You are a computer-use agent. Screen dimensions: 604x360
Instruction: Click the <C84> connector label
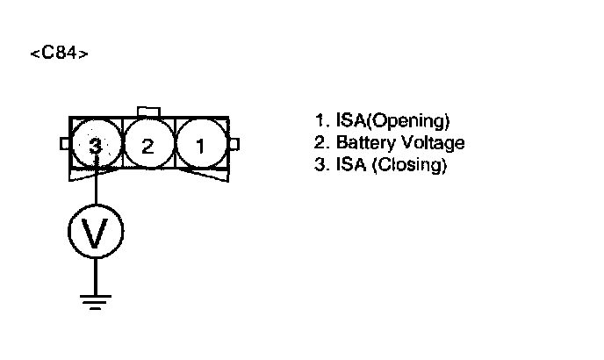click(59, 54)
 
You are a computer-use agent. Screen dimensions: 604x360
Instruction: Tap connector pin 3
click(96, 146)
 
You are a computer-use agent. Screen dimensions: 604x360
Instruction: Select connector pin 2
click(148, 146)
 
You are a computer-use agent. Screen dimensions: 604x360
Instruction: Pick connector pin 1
click(201, 146)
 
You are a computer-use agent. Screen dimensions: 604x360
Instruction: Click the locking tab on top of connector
click(148, 111)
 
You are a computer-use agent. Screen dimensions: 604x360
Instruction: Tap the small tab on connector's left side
click(64, 144)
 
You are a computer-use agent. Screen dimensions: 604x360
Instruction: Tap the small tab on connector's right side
click(234, 144)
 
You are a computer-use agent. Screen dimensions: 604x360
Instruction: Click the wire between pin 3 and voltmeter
click(96, 189)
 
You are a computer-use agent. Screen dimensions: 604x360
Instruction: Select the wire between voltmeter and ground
click(96, 274)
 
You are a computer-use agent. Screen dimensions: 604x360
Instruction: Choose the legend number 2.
click(319, 142)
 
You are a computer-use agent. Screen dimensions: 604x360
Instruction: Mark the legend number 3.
click(319, 164)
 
